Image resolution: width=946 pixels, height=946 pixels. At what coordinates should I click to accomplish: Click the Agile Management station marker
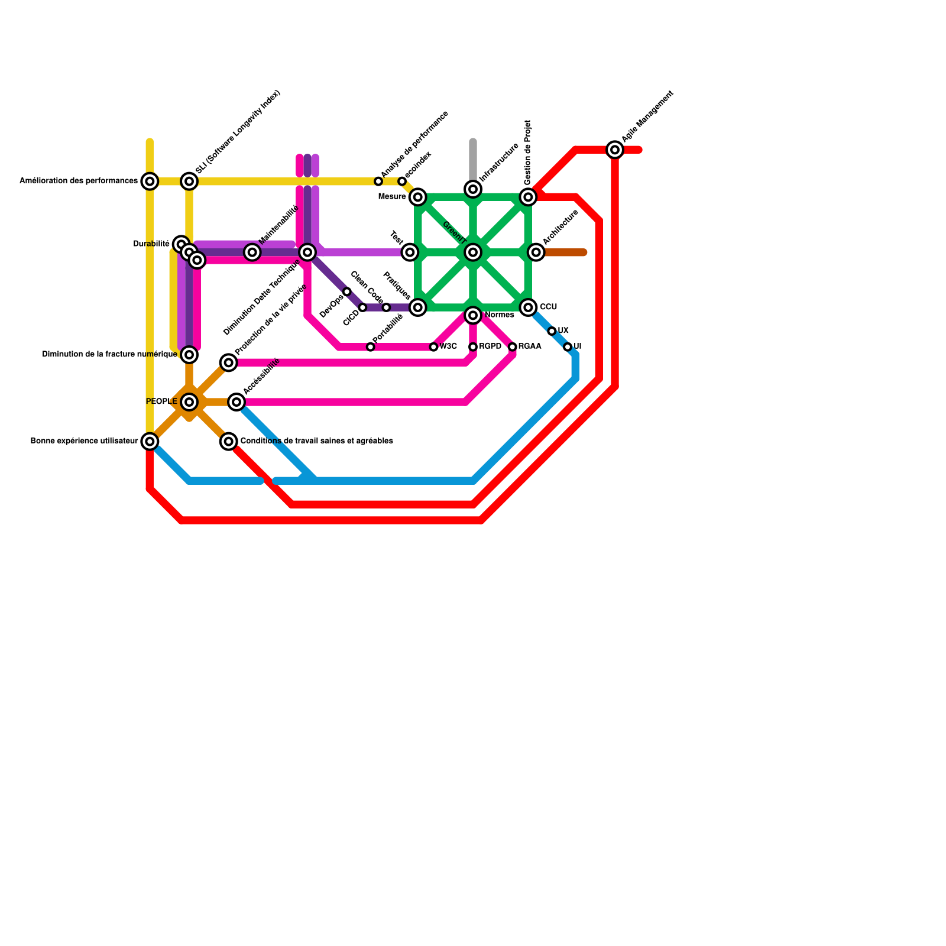[x=615, y=150]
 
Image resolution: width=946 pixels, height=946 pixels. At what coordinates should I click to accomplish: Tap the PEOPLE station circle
[x=189, y=402]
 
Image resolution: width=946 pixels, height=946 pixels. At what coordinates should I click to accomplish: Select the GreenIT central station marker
[x=473, y=252]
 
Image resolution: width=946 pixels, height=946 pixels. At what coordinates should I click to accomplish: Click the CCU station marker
[x=528, y=307]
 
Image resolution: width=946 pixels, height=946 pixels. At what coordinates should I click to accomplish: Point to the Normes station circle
[x=473, y=316]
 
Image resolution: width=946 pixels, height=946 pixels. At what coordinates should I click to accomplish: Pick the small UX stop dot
[x=552, y=331]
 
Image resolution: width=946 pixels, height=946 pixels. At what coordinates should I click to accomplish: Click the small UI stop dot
[x=568, y=347]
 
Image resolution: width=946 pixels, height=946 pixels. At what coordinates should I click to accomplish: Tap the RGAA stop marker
[x=513, y=347]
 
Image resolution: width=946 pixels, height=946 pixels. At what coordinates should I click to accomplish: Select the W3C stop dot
[x=433, y=347]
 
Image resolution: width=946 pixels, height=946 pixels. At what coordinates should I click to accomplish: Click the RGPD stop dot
[x=473, y=347]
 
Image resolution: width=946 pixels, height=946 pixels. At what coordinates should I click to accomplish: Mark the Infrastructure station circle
[x=473, y=189]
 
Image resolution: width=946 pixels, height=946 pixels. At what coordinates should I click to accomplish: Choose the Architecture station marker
[x=536, y=252]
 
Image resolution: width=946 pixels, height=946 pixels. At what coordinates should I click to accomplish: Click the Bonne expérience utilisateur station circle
[x=150, y=441]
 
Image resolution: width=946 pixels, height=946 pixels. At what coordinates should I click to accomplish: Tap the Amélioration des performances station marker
[x=150, y=181]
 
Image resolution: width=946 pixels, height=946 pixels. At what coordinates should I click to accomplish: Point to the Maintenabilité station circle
[x=252, y=252]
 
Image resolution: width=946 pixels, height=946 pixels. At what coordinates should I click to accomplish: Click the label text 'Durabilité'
[x=151, y=244]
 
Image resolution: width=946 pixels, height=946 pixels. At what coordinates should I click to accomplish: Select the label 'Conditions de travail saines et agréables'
[x=316, y=441]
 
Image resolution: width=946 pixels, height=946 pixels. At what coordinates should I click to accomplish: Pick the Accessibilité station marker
[x=237, y=402]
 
